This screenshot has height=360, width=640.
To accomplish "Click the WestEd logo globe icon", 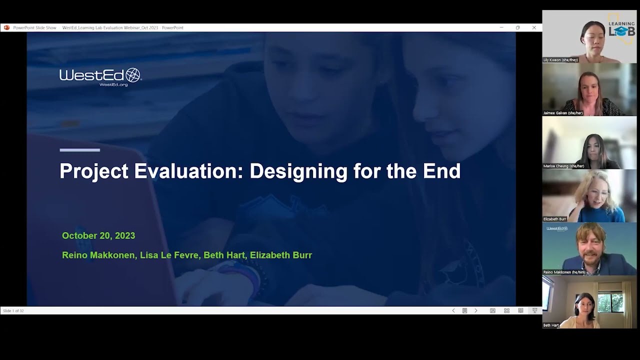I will click(x=133, y=75).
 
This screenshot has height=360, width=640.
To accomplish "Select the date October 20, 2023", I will click(x=98, y=235).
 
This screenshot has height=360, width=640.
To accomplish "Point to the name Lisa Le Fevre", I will click(x=169, y=255).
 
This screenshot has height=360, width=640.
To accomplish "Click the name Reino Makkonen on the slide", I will click(x=98, y=255).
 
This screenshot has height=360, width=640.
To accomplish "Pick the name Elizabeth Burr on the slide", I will click(x=281, y=255).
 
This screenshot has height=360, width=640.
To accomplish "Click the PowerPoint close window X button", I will click(x=534, y=27).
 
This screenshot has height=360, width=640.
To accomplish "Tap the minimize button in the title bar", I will click(x=501, y=27).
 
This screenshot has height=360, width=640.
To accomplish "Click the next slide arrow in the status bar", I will click(x=475, y=310).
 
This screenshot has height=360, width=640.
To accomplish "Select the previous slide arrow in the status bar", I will click(x=453, y=310).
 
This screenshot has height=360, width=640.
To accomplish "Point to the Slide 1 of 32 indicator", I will click(x=13, y=311).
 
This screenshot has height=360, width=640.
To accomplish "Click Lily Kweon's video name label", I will click(x=560, y=60).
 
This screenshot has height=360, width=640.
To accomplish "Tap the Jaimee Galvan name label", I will click(x=562, y=113).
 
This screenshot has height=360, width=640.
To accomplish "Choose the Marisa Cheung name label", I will click(x=563, y=166).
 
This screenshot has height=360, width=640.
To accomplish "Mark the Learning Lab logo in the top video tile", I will click(x=621, y=30).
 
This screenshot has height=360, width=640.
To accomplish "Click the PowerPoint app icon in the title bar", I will click(x=6, y=27).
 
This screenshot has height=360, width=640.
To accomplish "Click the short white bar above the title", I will click(x=79, y=149).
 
